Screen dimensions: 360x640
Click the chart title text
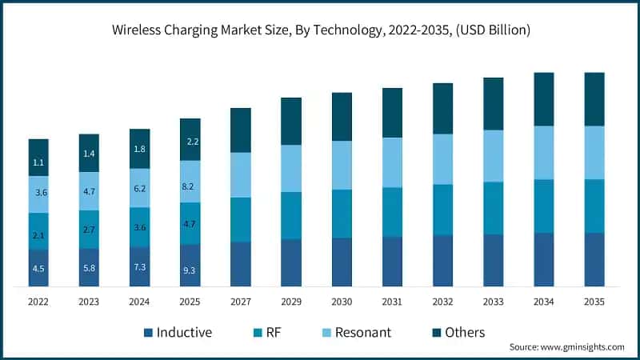320,30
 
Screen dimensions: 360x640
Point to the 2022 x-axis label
38,302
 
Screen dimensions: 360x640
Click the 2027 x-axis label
240,302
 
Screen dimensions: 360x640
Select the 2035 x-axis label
594,302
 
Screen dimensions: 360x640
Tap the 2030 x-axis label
342,302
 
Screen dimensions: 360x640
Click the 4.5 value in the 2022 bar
38,270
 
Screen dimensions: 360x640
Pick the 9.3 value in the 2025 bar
190,271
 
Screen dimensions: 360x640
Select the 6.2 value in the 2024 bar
139,188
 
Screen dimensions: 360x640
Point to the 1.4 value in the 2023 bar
89,154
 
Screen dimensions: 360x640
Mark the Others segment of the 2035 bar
594,99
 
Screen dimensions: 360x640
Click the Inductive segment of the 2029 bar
291,262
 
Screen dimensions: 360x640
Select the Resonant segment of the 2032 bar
442,159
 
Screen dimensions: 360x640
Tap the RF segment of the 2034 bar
543,206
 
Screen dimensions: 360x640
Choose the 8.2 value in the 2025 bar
190,186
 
